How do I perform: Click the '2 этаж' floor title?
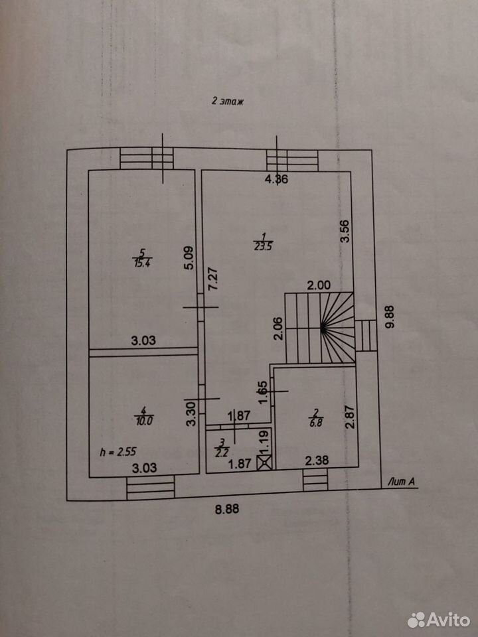pyautogui.click(x=228, y=101)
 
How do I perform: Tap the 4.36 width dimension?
pyautogui.click(x=276, y=179)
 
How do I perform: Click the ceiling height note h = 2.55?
pyautogui.click(x=118, y=452)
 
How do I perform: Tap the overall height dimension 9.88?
pyautogui.click(x=390, y=317)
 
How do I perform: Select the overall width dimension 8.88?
pyautogui.click(x=227, y=509)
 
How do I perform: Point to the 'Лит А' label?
pyautogui.click(x=401, y=482)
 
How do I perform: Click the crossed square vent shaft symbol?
pyautogui.click(x=265, y=463)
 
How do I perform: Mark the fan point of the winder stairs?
pyautogui.click(x=323, y=327)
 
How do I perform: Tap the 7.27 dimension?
pyautogui.click(x=214, y=278)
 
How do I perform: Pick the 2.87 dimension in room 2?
pyautogui.click(x=350, y=417)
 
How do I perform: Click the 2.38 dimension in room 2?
pyautogui.click(x=317, y=460)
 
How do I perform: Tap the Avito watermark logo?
pyautogui.click(x=439, y=620)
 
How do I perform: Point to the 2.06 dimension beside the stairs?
pyautogui.click(x=278, y=328)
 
